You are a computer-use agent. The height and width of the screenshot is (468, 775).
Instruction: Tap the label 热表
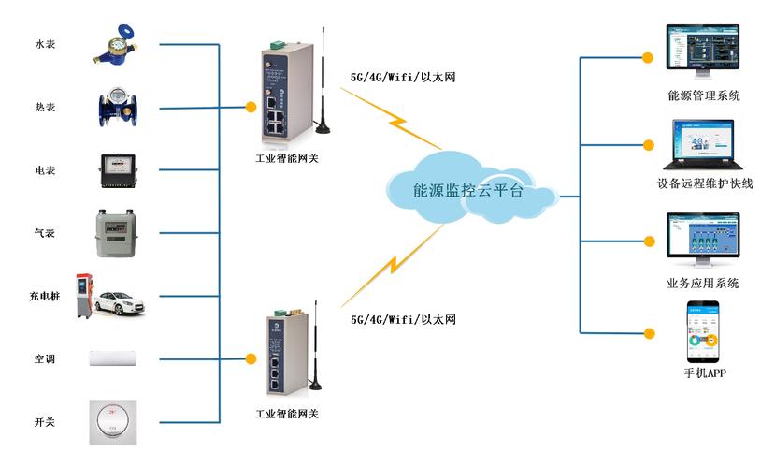[45, 108]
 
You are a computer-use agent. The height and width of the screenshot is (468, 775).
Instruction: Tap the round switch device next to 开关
[116, 422]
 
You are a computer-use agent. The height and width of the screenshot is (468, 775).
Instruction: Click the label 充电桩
[45, 297]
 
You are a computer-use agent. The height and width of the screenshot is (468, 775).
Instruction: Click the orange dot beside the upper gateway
[251, 106]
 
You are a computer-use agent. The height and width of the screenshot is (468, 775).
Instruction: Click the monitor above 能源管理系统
[701, 49]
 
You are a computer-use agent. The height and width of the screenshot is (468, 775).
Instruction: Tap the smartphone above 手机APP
[703, 332]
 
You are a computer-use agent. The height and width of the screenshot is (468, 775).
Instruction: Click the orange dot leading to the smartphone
[647, 332]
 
